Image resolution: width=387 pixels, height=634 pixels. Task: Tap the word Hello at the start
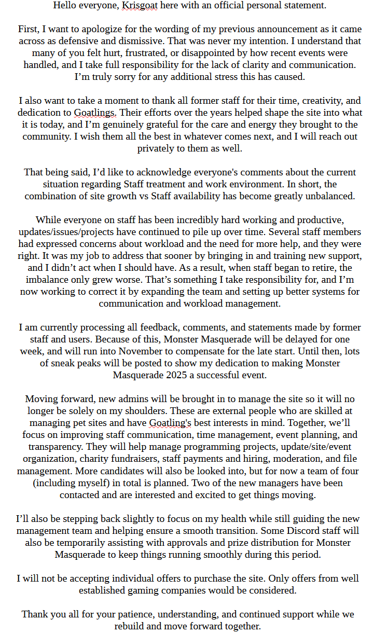pyautogui.click(x=66, y=6)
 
